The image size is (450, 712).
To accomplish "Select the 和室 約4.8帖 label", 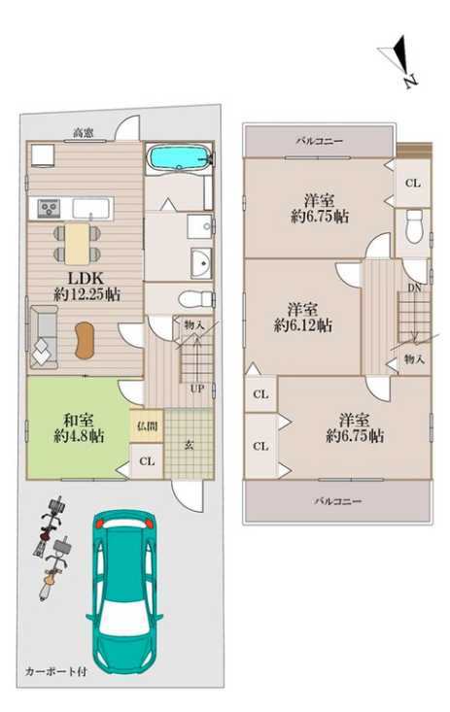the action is pyautogui.click(x=79, y=427).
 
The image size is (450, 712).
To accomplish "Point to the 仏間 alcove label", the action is pyautogui.click(x=147, y=426).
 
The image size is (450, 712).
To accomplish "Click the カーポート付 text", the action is pyautogui.click(x=55, y=671).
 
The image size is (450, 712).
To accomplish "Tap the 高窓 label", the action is pyautogui.click(x=84, y=133).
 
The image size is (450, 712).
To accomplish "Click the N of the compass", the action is pyautogui.click(x=410, y=82).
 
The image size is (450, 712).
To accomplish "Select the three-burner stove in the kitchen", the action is pyautogui.click(x=48, y=209).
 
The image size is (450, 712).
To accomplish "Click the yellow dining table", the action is pyautogui.click(x=77, y=244).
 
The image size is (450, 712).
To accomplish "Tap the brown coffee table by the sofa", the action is pyautogui.click(x=86, y=340).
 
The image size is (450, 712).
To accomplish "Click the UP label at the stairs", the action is pyautogui.click(x=197, y=389).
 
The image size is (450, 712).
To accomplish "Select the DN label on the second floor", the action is pyautogui.click(x=414, y=288).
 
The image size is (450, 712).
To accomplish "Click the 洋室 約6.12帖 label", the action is pyautogui.click(x=302, y=318).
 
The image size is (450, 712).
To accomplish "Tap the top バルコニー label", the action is pyautogui.click(x=320, y=141).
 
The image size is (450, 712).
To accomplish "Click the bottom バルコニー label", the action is pyautogui.click(x=338, y=501).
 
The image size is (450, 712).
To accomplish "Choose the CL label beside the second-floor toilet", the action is pyautogui.click(x=413, y=183).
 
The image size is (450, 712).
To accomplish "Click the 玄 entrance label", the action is pyautogui.click(x=190, y=445).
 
